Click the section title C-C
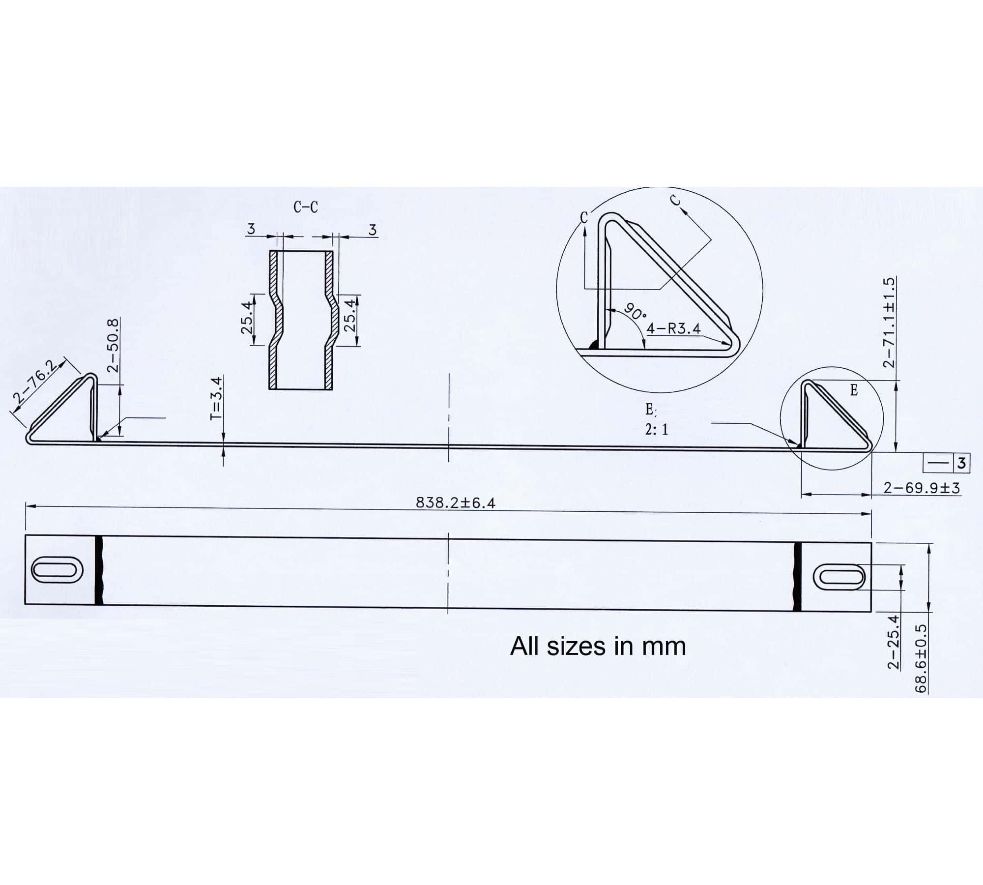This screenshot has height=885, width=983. (306, 207)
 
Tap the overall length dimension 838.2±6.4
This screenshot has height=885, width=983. (455, 502)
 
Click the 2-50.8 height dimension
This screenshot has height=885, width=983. (113, 345)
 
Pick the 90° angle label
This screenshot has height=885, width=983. (635, 312)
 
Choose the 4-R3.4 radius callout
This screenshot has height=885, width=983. (673, 328)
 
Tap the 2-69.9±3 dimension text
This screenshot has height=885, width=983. (922, 488)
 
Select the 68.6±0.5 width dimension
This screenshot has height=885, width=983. (920, 658)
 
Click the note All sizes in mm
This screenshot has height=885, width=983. (598, 646)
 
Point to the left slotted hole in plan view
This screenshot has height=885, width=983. (57, 570)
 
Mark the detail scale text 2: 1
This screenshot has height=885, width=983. (657, 430)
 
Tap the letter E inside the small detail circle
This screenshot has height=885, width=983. (854, 390)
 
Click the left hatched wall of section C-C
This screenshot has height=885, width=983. (274, 320)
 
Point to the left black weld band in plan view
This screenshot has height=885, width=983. (99, 570)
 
